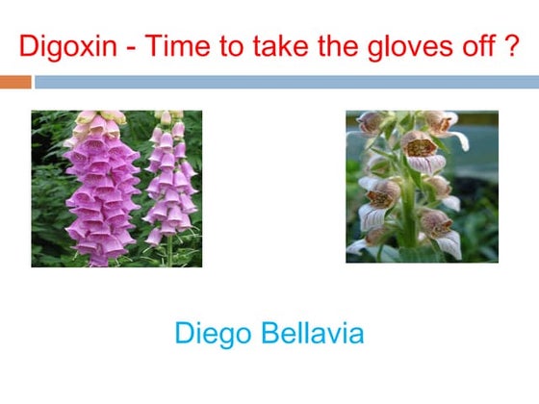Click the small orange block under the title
[15, 83]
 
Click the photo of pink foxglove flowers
[116, 188]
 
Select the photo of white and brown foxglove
[422, 187]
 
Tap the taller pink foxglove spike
[102, 188]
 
